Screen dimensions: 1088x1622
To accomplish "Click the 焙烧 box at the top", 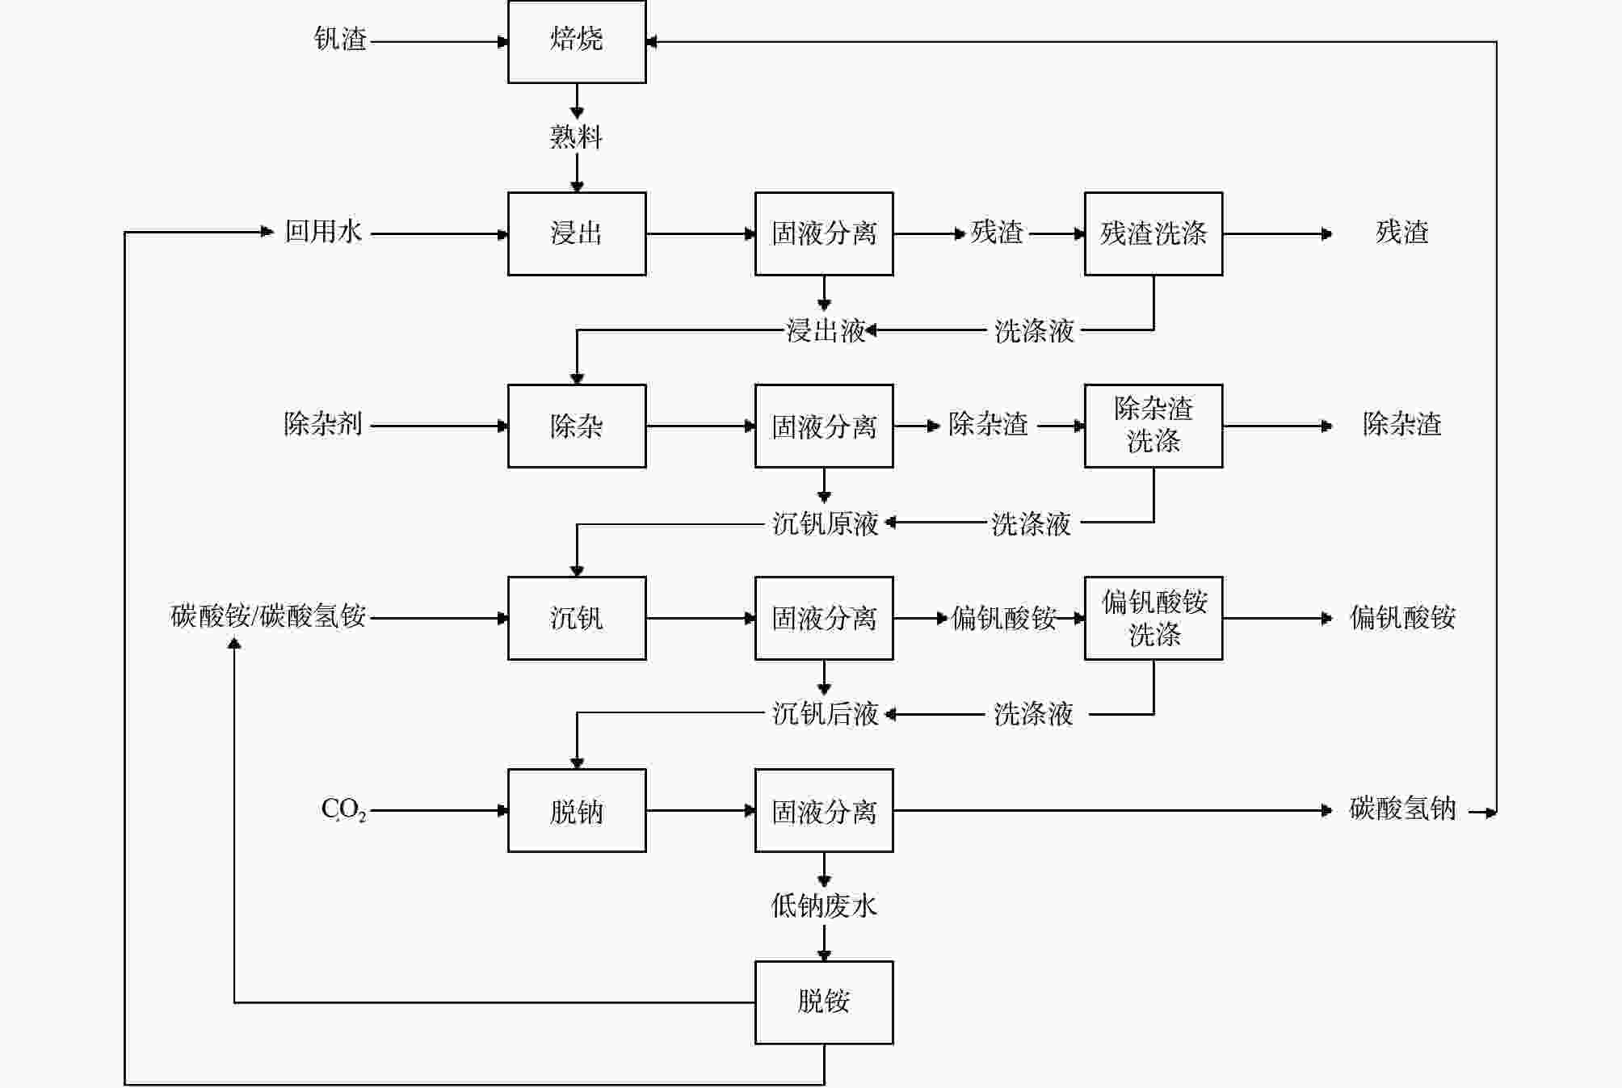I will click(577, 40).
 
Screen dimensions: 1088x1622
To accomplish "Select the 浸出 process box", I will click(577, 233).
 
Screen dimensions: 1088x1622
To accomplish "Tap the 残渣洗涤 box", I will click(1153, 233).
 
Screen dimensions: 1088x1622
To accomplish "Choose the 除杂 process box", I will click(577, 426).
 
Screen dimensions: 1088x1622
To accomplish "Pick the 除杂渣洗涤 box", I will click(1153, 426).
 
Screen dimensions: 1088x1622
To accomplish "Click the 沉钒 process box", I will click(577, 618).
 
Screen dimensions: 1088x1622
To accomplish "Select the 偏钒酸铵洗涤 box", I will click(1153, 618).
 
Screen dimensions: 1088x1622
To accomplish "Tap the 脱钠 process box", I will click(577, 810).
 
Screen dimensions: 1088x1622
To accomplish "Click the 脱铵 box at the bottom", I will click(824, 1002).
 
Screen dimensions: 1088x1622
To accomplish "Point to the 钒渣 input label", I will click(340, 39).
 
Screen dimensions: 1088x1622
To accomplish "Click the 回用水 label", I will click(323, 232).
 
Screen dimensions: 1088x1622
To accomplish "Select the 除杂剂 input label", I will click(322, 424).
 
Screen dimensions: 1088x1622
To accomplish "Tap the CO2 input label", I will click(343, 809).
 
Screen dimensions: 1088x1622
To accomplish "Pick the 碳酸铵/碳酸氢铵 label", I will click(268, 616).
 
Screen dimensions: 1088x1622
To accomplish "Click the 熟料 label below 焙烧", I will click(576, 137).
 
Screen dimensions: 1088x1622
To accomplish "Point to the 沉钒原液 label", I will click(825, 523).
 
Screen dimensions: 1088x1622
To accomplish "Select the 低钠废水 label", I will click(824, 905).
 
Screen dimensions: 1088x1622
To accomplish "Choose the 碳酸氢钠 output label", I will click(1402, 809).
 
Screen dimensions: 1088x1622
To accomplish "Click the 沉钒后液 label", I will click(825, 714).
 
